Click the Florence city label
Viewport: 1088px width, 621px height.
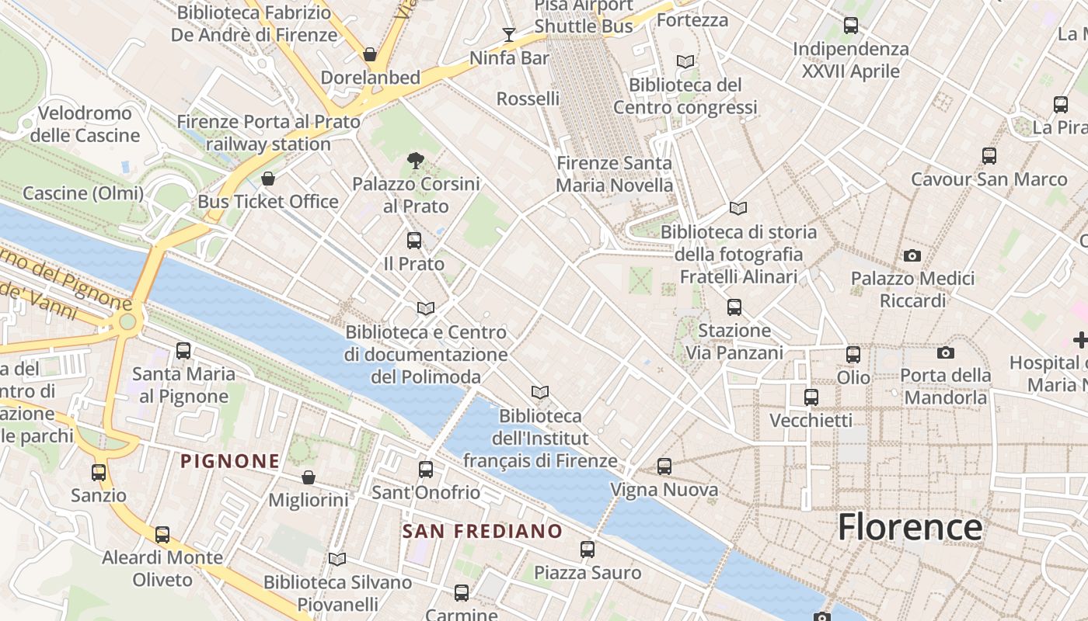point(909,527)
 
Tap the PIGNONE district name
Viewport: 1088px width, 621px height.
point(230,461)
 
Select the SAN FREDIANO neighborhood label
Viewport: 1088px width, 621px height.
point(483,531)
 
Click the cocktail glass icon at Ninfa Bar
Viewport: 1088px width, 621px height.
point(509,34)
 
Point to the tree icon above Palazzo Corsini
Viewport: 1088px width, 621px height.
point(416,161)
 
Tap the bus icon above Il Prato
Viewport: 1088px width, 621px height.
point(414,241)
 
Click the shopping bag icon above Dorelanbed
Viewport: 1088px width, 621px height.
point(370,54)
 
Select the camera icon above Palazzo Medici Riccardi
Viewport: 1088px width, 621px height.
point(912,255)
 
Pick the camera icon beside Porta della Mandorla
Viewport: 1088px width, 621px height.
point(945,352)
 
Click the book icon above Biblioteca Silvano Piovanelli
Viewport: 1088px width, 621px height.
point(337,559)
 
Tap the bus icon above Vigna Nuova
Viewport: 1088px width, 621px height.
point(664,467)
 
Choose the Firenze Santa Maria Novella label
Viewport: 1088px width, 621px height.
point(614,174)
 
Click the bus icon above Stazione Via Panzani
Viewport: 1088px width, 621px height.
point(734,307)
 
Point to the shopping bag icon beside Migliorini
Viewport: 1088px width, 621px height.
point(309,477)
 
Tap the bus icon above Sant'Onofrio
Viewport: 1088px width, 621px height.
point(426,470)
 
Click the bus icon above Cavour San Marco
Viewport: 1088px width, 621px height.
point(989,156)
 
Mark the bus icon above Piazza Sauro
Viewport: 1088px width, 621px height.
point(588,550)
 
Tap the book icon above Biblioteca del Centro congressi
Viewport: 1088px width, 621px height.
point(685,61)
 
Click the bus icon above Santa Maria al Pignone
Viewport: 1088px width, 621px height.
point(183,351)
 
